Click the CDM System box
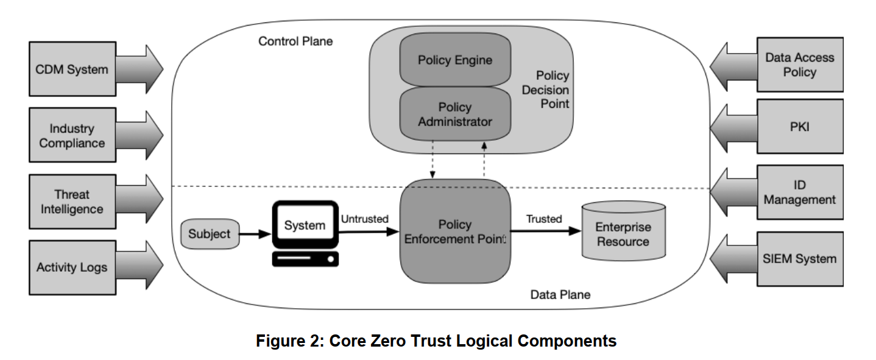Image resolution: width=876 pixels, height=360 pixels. pyautogui.click(x=72, y=69)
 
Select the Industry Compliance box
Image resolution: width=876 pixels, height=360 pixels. pyautogui.click(x=72, y=136)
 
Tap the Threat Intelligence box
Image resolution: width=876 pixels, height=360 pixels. pyautogui.click(x=72, y=202)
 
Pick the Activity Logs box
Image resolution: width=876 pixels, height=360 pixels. pyautogui.click(x=72, y=267)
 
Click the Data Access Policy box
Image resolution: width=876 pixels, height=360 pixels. pyautogui.click(x=800, y=65)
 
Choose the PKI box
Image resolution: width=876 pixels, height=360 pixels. pyautogui.click(x=800, y=127)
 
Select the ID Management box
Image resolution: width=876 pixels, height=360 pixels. pyautogui.click(x=800, y=192)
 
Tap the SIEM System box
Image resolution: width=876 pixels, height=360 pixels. pyautogui.click(x=800, y=258)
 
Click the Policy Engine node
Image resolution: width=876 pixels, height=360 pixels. pyautogui.click(x=454, y=60)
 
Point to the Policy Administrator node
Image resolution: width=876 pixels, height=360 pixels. pyautogui.click(x=454, y=114)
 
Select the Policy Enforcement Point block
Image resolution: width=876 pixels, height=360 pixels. pyautogui.click(x=454, y=231)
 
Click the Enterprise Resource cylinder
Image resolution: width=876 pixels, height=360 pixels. pyautogui.click(x=623, y=234)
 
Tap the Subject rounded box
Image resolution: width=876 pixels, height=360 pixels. pyautogui.click(x=209, y=234)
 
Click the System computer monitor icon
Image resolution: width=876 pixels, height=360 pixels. pyautogui.click(x=305, y=227)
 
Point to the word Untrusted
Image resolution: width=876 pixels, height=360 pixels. pyautogui.click(x=364, y=219)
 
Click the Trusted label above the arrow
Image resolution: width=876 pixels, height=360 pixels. pyautogui.click(x=544, y=219)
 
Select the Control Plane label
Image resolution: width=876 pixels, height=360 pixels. pyautogui.click(x=295, y=41)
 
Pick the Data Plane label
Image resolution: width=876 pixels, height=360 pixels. pyautogui.click(x=560, y=295)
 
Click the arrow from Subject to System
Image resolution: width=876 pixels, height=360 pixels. pyautogui.click(x=254, y=233)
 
